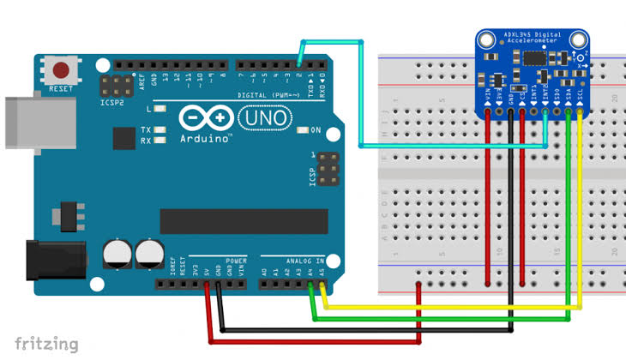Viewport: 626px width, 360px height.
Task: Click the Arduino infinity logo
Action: pyautogui.click(x=206, y=117)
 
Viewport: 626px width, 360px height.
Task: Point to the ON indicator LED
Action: pyautogui.click(x=302, y=130)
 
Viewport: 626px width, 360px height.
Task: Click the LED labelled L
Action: pyautogui.click(x=160, y=109)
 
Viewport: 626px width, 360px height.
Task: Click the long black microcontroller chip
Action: pyautogui.click(x=244, y=220)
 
